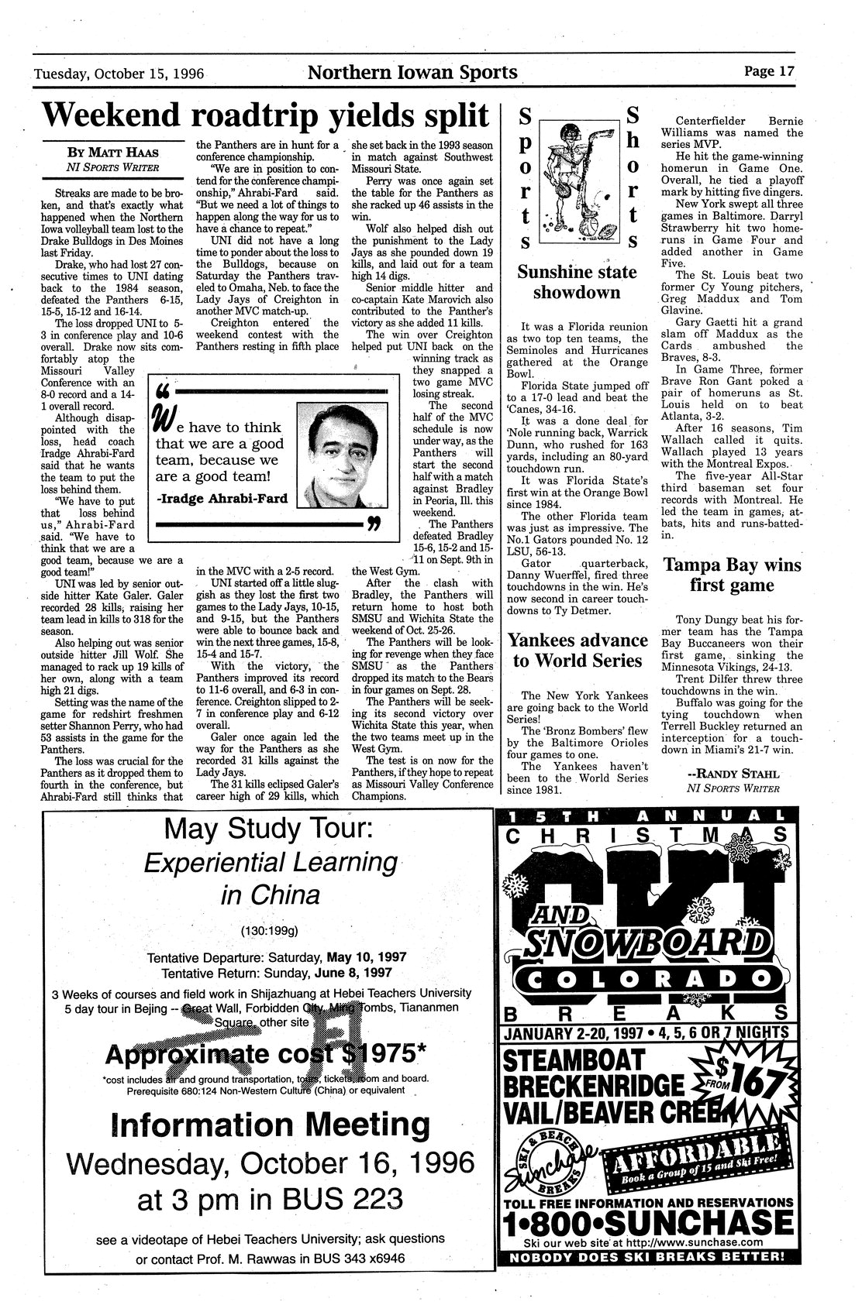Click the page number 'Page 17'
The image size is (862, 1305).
click(769, 71)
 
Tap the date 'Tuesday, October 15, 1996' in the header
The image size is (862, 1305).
click(119, 74)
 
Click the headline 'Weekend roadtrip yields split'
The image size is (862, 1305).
click(266, 115)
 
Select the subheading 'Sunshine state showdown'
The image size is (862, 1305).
click(577, 282)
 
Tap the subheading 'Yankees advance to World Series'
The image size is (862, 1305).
click(577, 650)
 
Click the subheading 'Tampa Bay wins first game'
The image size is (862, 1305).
click(732, 575)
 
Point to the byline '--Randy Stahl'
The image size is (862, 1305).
click(732, 773)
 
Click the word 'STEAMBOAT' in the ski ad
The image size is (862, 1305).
click(574, 1059)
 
